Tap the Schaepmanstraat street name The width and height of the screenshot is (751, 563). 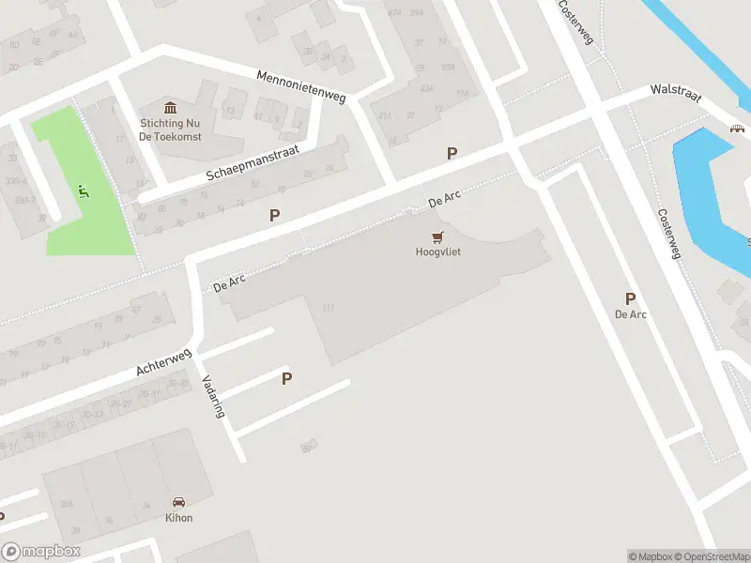coord(258,164)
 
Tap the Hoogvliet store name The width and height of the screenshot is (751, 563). coord(438,251)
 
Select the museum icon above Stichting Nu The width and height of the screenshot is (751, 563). coord(172,108)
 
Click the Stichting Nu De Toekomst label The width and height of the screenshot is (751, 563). coord(172,129)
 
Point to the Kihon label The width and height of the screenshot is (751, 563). coord(179,518)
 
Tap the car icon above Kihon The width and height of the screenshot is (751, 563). coord(179,502)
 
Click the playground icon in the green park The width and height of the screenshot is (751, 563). coord(84,192)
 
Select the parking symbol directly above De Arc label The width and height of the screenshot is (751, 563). coord(630,298)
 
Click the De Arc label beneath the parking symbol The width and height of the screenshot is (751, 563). coord(630,314)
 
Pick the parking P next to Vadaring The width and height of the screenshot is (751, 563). coord(287,378)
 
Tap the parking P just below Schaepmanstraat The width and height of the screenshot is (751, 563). coord(274,215)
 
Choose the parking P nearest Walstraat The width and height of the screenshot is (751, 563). coord(452,153)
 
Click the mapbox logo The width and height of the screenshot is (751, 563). coord(41,552)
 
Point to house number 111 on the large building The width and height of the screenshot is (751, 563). coord(329,308)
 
